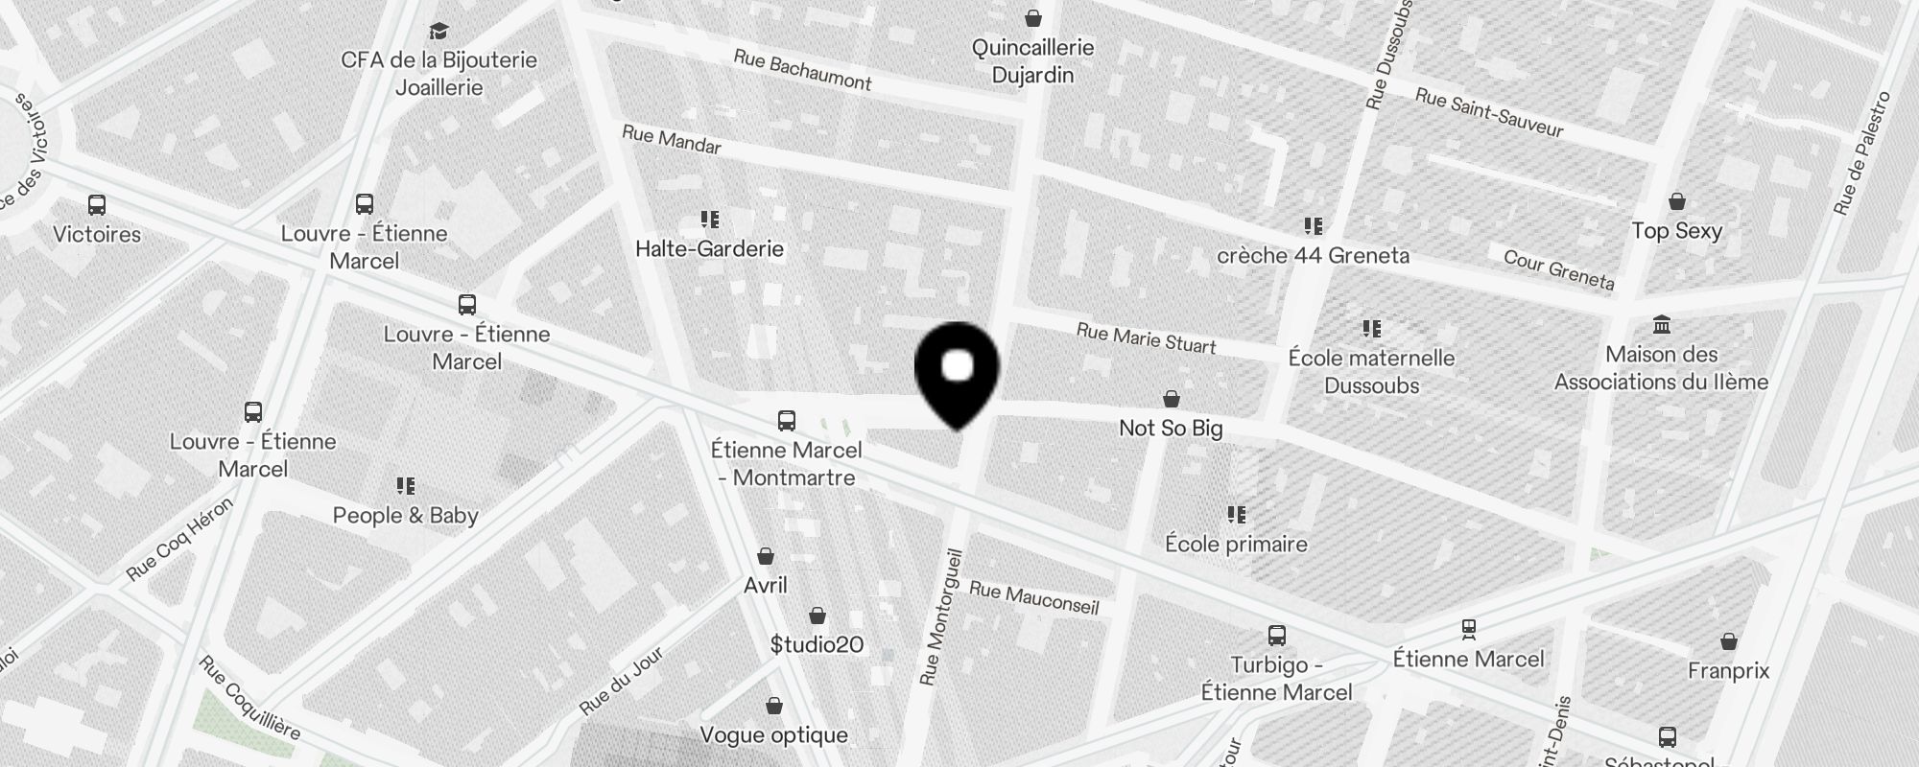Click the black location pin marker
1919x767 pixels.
957,372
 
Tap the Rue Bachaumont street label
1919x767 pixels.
802,70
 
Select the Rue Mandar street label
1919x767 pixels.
672,140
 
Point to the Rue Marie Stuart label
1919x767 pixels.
1146,337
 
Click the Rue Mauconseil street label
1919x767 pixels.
1033,597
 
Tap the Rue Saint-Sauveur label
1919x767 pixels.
1489,113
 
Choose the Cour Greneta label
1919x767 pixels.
1558,269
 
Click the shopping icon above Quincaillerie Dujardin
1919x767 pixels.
1032,18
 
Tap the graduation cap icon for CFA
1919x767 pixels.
438,32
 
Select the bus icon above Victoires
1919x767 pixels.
97,205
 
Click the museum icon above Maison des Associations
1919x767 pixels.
1661,325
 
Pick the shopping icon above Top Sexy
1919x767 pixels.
1676,201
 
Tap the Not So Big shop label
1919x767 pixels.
1171,428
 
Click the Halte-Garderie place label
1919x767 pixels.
709,249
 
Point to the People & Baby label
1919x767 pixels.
405,516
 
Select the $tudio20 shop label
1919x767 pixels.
817,644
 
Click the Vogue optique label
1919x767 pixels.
773,735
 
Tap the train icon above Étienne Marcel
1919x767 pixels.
1468,630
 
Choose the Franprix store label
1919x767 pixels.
1728,671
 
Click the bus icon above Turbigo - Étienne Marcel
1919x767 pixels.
1276,636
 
